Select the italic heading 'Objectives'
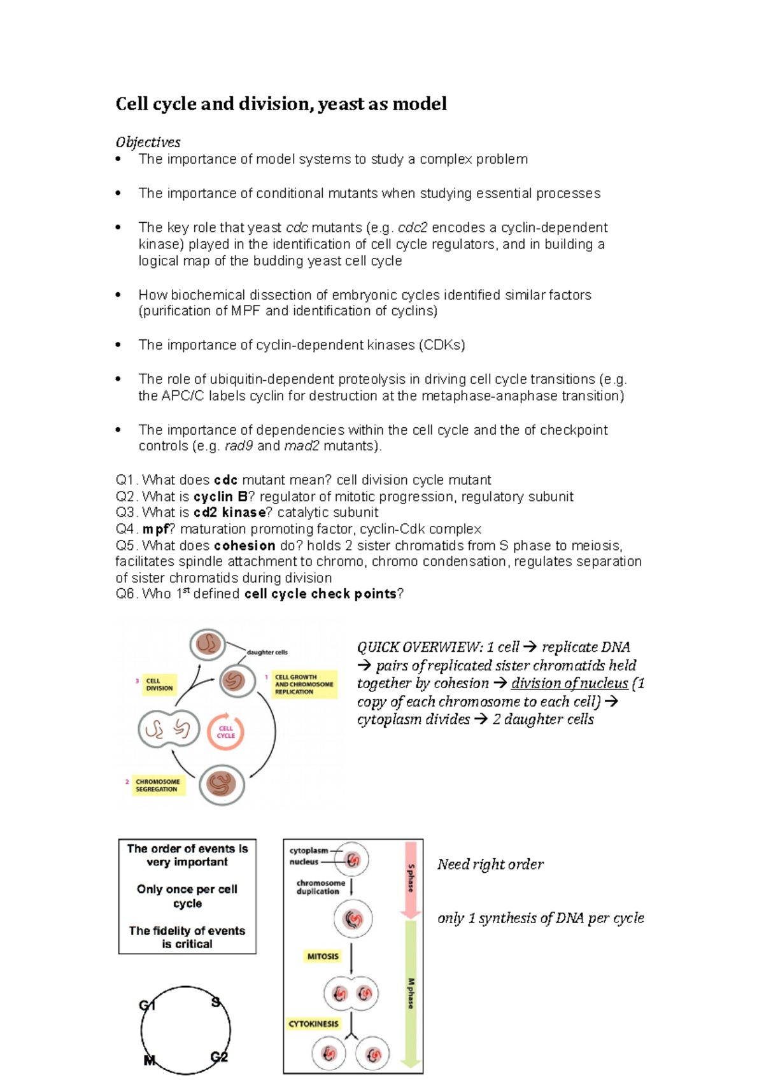pyautogui.click(x=148, y=142)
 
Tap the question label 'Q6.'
pyautogui.click(x=126, y=594)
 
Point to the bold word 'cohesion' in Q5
pyautogui.click(x=244, y=546)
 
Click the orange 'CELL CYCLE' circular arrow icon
pyautogui.click(x=226, y=731)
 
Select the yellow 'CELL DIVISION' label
pyautogui.click(x=159, y=684)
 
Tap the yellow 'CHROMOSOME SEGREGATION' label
pyautogui.click(x=157, y=785)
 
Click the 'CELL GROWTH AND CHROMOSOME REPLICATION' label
pyautogui.click(x=304, y=684)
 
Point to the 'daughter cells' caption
pyautogui.click(x=267, y=652)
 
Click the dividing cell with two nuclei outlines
pyautogui.click(x=169, y=729)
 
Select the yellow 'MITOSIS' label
pyautogui.click(x=323, y=956)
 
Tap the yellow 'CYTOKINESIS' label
pyautogui.click(x=313, y=1024)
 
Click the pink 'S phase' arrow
pyautogui.click(x=411, y=879)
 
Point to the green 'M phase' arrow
pyautogui.click(x=411, y=993)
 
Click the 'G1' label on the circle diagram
pyautogui.click(x=147, y=1006)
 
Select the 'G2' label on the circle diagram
pyautogui.click(x=219, y=1057)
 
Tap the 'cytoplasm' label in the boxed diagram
pyautogui.click(x=309, y=851)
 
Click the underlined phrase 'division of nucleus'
pyautogui.click(x=569, y=683)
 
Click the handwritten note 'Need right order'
pyautogui.click(x=490, y=865)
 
